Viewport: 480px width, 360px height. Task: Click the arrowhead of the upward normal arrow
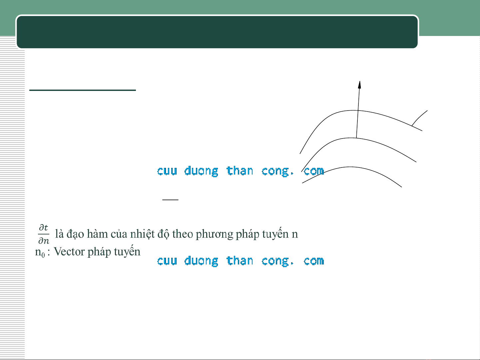click(x=359, y=85)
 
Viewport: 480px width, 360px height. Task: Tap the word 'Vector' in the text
click(x=69, y=251)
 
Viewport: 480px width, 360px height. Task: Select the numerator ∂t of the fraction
click(x=43, y=228)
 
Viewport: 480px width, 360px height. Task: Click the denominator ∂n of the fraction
click(x=44, y=241)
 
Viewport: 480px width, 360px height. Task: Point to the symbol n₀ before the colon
click(x=40, y=252)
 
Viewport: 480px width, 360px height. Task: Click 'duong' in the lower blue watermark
click(x=201, y=261)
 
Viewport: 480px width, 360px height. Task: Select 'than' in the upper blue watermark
click(x=240, y=171)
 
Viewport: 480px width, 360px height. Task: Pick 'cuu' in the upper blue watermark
click(x=167, y=171)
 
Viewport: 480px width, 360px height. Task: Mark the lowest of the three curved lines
click(x=350, y=167)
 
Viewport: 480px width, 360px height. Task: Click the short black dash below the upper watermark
click(x=170, y=199)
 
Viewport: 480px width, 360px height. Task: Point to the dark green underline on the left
click(x=83, y=90)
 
